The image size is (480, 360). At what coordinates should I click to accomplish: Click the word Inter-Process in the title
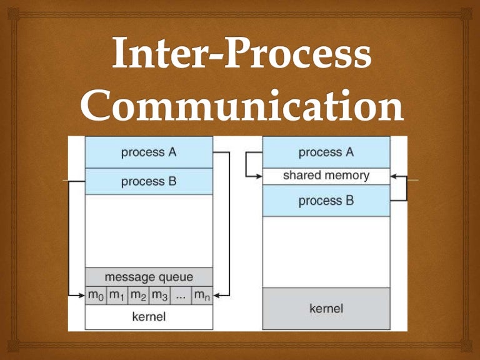coord(240,54)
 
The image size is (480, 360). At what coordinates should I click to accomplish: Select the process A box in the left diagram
coord(149,152)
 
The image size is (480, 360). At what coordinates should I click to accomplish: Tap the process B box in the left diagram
coord(149,181)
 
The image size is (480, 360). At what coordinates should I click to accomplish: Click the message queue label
coord(149,276)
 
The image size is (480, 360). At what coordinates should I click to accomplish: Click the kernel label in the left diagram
coord(149,316)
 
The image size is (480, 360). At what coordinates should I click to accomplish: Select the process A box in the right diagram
coord(326,152)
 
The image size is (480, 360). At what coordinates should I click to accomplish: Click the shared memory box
coord(326,176)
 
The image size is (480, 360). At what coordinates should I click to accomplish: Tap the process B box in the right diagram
coord(326,201)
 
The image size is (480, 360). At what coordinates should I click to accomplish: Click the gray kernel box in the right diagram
coord(326,308)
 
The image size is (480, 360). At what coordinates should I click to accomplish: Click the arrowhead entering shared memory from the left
coord(258,176)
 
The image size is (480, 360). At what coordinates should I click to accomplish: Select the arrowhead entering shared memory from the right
coord(394,176)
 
